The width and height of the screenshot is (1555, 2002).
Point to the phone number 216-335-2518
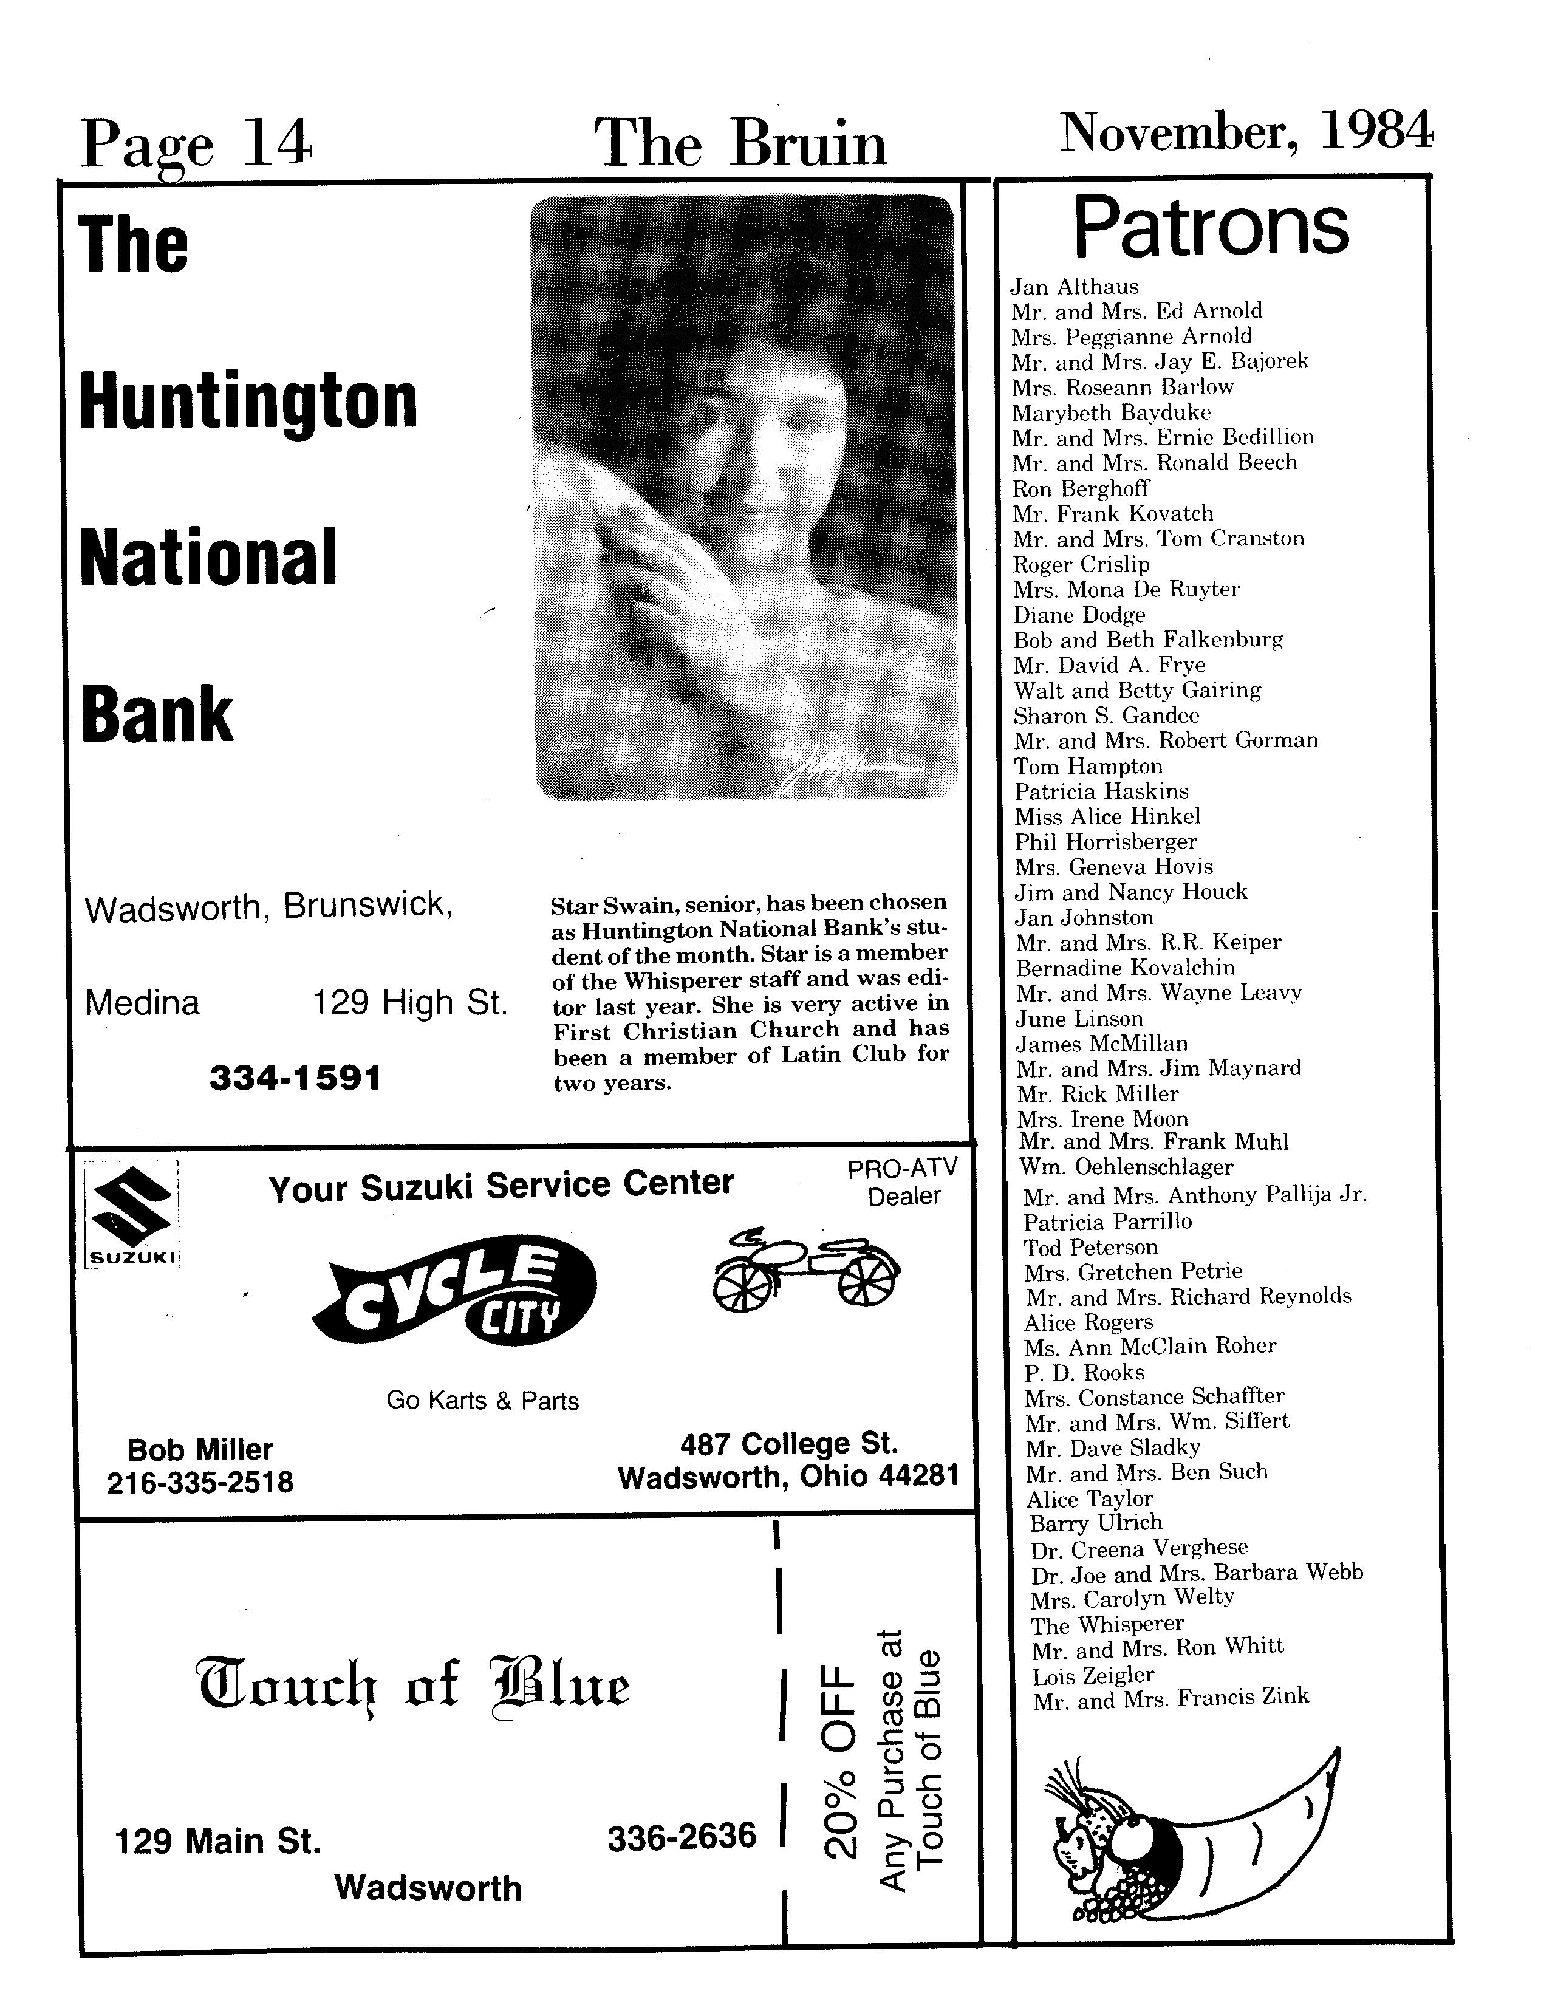click(200, 1482)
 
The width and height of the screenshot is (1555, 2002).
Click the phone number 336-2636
click(682, 1836)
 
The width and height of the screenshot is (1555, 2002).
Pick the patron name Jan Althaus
click(1075, 287)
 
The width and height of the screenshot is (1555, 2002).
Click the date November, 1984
click(1245, 133)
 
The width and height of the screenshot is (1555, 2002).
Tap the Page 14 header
click(196, 145)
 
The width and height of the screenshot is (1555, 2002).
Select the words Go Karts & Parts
click(482, 1401)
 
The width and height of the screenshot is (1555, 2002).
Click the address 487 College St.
click(788, 1444)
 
